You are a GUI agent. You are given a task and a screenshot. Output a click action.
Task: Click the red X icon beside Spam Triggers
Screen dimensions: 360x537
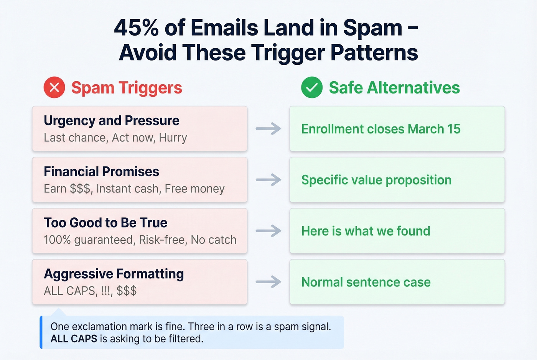(x=54, y=87)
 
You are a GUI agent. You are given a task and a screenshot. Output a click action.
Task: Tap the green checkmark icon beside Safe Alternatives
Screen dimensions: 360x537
(x=311, y=87)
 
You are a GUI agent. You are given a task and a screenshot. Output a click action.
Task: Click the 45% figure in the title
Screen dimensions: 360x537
(x=137, y=28)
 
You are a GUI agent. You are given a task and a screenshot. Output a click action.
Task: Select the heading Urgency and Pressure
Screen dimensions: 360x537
(x=111, y=120)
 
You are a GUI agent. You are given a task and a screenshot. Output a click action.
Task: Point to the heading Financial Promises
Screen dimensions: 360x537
(x=101, y=171)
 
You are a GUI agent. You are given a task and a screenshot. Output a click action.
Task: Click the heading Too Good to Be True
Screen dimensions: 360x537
(x=105, y=222)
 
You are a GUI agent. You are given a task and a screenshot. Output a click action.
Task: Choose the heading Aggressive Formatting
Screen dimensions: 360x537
(x=114, y=274)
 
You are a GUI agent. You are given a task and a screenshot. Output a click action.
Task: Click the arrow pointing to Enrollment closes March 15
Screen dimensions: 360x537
(x=268, y=129)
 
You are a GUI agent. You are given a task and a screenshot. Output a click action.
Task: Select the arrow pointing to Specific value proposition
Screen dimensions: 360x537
(x=268, y=180)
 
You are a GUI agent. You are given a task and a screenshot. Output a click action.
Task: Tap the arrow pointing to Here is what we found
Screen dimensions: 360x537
(x=268, y=231)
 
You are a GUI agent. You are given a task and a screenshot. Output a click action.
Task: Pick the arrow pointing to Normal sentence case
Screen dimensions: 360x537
(x=268, y=282)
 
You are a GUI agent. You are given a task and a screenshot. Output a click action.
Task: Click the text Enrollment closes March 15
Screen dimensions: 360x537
(x=381, y=129)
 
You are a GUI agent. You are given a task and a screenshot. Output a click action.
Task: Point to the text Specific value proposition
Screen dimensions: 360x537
(x=376, y=180)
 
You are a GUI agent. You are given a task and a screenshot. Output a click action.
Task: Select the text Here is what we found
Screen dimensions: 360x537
(x=366, y=231)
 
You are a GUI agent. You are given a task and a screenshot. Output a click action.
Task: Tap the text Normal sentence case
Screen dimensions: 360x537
(x=366, y=282)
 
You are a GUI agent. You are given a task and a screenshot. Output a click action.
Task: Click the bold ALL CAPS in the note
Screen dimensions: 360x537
(x=74, y=339)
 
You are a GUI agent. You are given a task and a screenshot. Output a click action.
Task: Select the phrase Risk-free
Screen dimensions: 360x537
(x=162, y=240)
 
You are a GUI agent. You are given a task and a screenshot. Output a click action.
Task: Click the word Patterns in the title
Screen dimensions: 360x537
(x=374, y=53)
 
